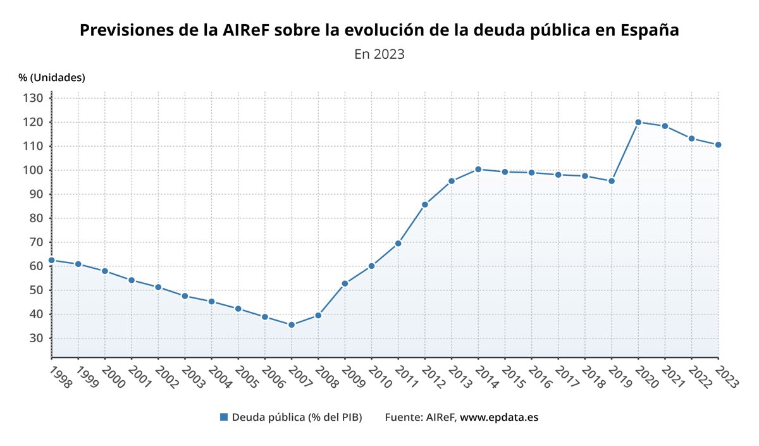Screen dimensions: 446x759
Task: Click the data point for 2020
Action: pos(638,122)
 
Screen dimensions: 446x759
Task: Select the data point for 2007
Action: pos(292,325)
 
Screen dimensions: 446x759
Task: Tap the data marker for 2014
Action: pos(478,170)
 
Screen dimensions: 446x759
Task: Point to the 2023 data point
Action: pos(718,145)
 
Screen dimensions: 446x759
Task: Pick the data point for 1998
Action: pos(52,260)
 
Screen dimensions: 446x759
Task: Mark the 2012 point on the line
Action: pos(425,204)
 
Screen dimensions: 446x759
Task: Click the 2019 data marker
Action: pos(612,181)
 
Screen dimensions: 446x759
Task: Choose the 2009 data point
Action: pos(345,283)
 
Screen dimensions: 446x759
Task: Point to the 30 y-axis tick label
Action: pos(36,338)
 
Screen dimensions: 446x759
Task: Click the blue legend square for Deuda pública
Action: pos(223,417)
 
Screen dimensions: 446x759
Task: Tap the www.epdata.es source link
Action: pos(499,417)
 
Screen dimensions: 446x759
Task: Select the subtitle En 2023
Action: pos(379,54)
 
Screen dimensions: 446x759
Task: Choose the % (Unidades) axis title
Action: pos(52,77)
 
